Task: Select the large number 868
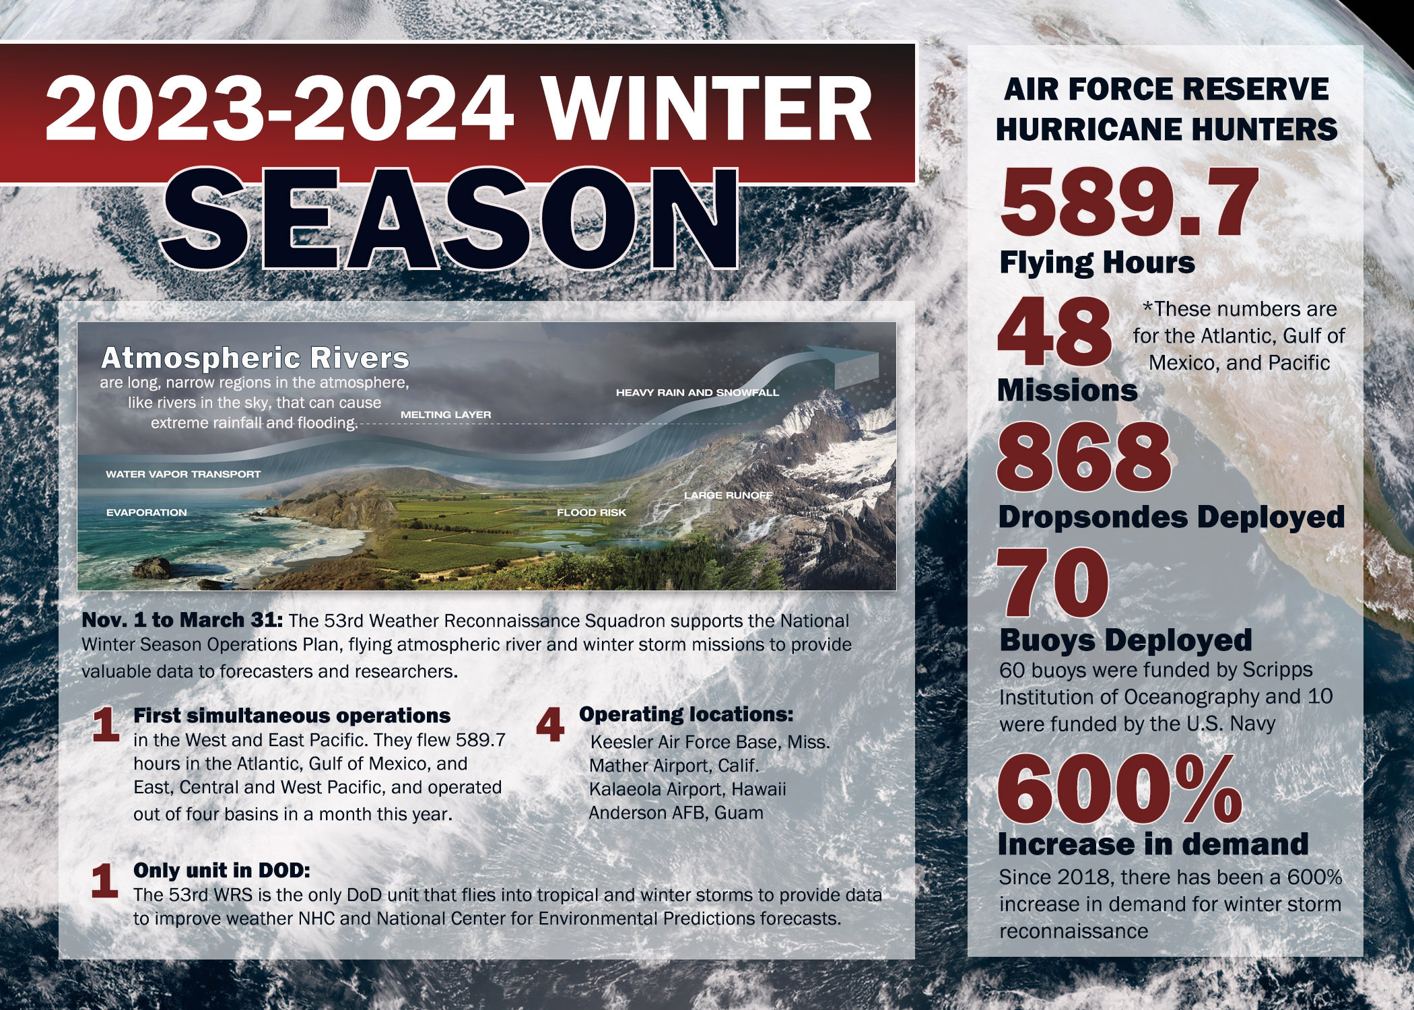(x=1084, y=458)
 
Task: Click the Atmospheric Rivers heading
(x=255, y=358)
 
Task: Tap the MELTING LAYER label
(x=446, y=415)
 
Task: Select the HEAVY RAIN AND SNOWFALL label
(x=698, y=393)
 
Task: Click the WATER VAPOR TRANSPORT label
(x=183, y=474)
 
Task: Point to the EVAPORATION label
(x=147, y=512)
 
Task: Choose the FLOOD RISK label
(x=591, y=512)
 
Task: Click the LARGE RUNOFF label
(x=728, y=495)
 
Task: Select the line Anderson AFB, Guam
(x=676, y=813)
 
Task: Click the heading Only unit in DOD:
(x=222, y=870)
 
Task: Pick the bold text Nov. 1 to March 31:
(x=182, y=619)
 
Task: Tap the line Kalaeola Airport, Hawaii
(x=687, y=789)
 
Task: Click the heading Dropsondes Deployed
(x=1171, y=516)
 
